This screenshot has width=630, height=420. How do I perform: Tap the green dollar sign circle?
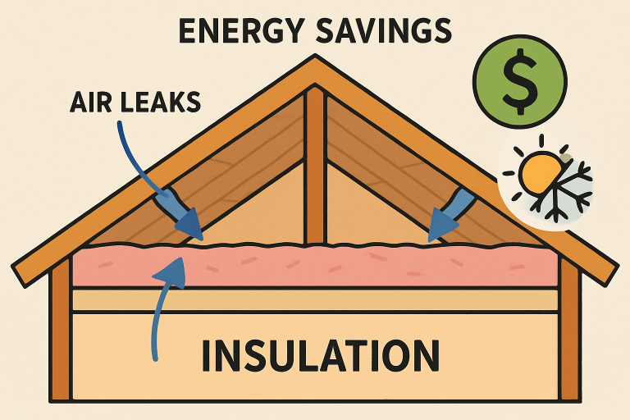point(518,82)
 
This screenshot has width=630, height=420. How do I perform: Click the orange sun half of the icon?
point(536,175)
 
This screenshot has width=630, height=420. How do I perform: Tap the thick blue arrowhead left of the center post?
point(189,219)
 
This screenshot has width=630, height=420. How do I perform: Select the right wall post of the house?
point(569,336)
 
